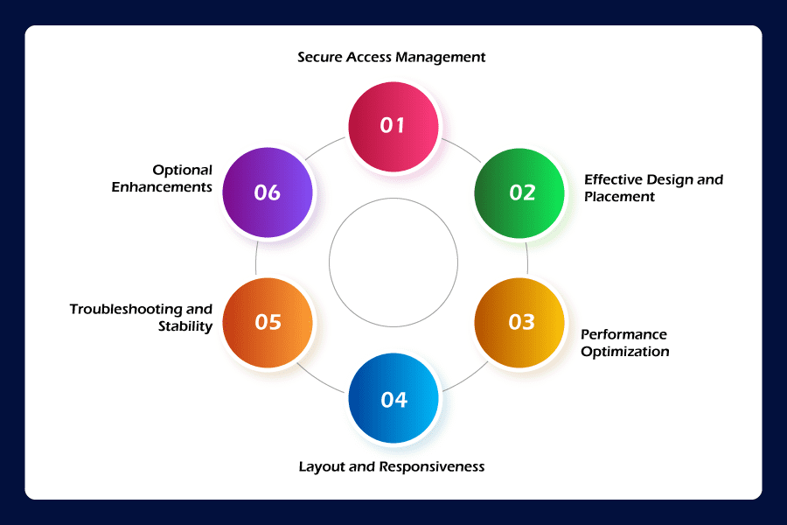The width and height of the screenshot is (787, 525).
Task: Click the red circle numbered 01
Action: (393, 125)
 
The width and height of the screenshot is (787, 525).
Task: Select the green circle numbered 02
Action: (520, 192)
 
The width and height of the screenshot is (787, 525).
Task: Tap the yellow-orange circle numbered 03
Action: (520, 322)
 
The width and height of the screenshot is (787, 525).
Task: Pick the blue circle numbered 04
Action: (393, 399)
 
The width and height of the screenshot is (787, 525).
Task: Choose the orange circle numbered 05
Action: (268, 322)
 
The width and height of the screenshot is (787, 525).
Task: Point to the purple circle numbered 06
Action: (268, 192)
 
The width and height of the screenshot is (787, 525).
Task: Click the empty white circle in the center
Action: (393, 262)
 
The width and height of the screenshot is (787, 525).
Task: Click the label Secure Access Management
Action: (391, 58)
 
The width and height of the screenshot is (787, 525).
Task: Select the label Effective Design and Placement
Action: (653, 188)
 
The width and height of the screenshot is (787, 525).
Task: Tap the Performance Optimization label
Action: (624, 343)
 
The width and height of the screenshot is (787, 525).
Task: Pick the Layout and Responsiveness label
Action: (391, 466)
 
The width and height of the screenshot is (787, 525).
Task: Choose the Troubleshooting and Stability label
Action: (142, 318)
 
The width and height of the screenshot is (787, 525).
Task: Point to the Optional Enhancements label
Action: (162, 178)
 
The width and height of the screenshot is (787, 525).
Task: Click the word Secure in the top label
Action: (320, 58)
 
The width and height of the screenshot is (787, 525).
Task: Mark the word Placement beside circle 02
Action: (619, 197)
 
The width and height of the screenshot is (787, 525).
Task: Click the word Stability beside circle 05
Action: (185, 326)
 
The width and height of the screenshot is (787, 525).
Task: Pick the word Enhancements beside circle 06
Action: (162, 187)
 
